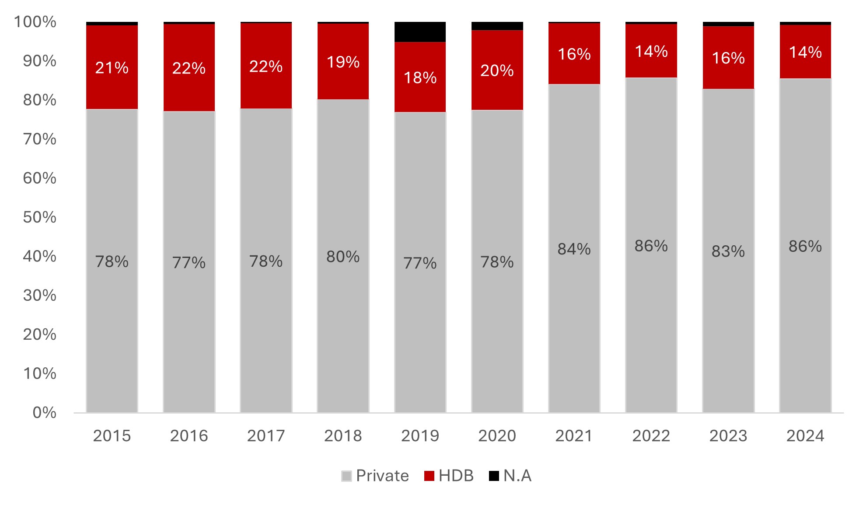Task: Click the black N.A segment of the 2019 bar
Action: (420, 32)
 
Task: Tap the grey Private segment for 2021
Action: (574, 306)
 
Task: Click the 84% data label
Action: (574, 249)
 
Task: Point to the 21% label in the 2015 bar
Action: (112, 68)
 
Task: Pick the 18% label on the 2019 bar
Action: (420, 78)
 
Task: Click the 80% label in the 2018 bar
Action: (343, 257)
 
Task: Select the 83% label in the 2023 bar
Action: (728, 251)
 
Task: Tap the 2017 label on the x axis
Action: (266, 436)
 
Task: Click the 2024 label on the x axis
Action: (805, 436)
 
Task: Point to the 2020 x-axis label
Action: (497, 436)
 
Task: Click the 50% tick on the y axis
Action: (40, 217)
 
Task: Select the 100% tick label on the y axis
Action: (35, 22)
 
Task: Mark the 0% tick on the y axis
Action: (44, 412)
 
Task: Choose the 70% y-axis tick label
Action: (40, 139)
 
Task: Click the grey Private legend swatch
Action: (346, 476)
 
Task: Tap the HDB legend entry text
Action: (456, 476)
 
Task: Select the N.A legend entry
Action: (517, 476)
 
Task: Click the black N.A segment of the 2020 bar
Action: (497, 26)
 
